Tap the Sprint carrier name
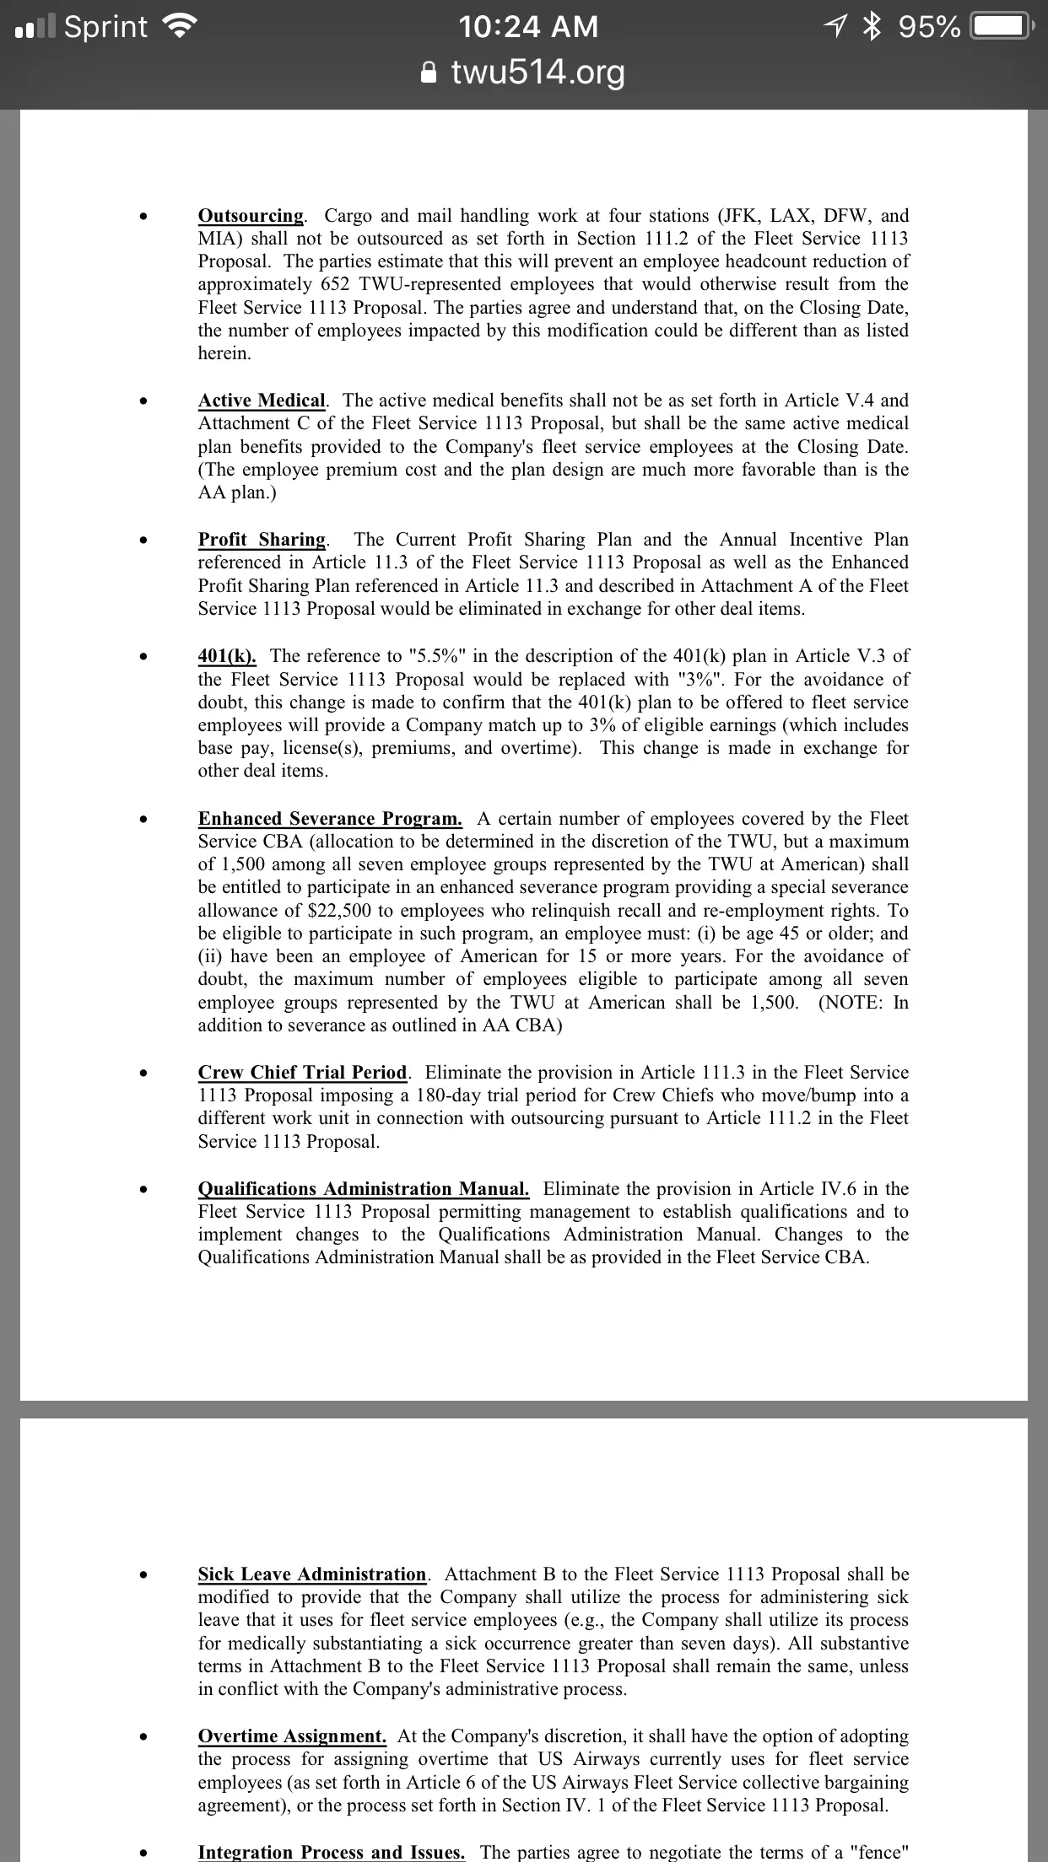pyautogui.click(x=105, y=27)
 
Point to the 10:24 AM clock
pyautogui.click(x=528, y=27)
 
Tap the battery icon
pyautogui.click(x=1000, y=27)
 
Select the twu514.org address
pyautogui.click(x=538, y=73)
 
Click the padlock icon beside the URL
pyautogui.click(x=429, y=73)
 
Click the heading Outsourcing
pyautogui.click(x=250, y=216)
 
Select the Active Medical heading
pyautogui.click(x=262, y=401)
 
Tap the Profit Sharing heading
pyautogui.click(x=262, y=540)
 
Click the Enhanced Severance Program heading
pyautogui.click(x=330, y=819)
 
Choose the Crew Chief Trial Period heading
pyautogui.click(x=302, y=1073)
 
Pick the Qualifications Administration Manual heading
pyautogui.click(x=364, y=1189)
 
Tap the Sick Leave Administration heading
pyautogui.click(x=312, y=1574)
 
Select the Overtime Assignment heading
pyautogui.click(x=292, y=1736)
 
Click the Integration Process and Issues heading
pyautogui.click(x=331, y=1853)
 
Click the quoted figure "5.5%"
pyautogui.click(x=439, y=656)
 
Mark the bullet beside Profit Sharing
pyautogui.click(x=146, y=541)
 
